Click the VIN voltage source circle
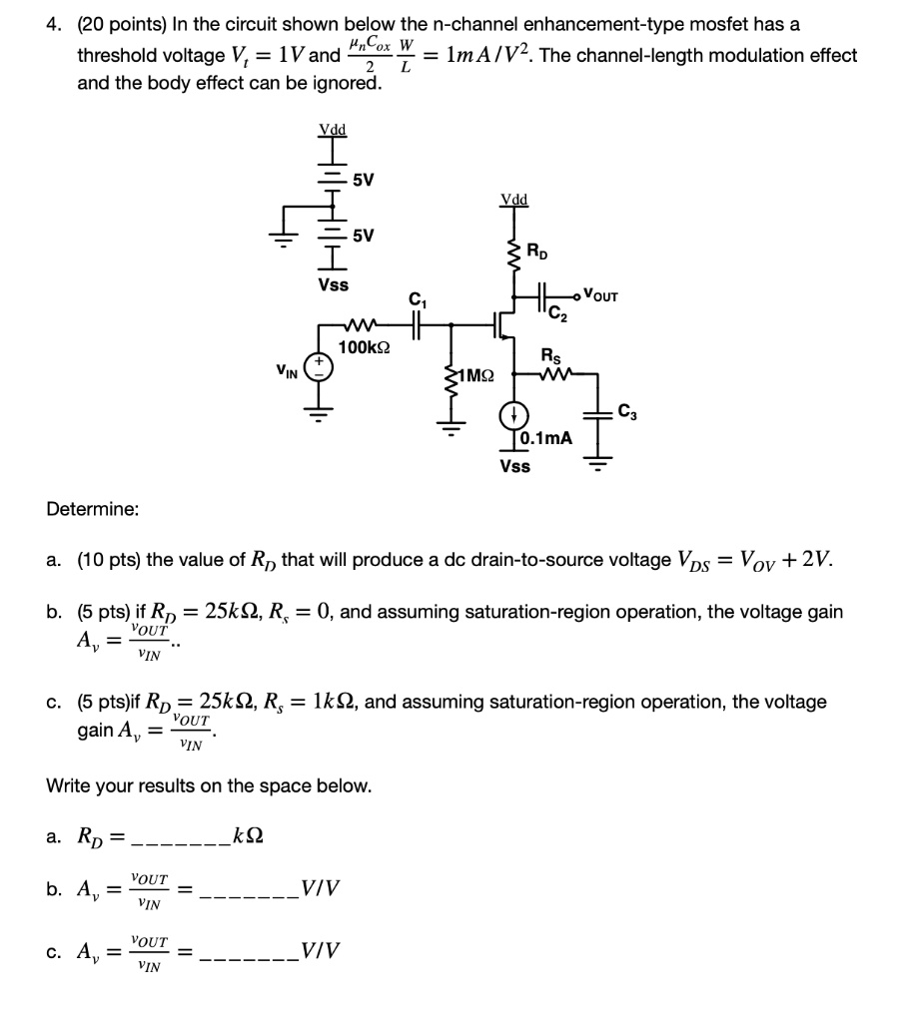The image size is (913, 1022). pos(321,366)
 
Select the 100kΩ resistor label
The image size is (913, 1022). pos(365,347)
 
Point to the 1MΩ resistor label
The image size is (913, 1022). pos(474,376)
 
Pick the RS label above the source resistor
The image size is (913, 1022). pos(550,354)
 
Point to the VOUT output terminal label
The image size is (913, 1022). pos(601,295)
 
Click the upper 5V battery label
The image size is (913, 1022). pos(364,181)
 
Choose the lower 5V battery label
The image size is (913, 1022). pos(364,236)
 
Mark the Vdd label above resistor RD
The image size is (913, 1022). pos(514,200)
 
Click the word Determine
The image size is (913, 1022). pos(93,510)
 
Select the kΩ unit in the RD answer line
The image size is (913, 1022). pos(248,834)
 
